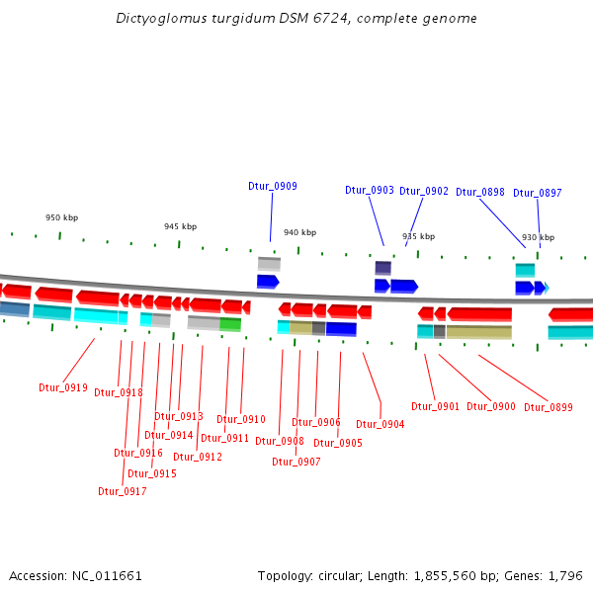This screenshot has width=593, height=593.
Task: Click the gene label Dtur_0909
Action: [x=272, y=186]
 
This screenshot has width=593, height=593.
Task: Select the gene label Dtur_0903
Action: [x=370, y=190]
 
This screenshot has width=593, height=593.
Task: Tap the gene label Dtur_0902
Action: [x=424, y=191]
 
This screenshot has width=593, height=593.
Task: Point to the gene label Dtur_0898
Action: [x=480, y=192]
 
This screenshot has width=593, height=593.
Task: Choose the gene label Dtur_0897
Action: [x=537, y=193]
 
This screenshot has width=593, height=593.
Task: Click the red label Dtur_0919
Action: [x=63, y=387]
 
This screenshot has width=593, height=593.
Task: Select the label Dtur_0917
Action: [x=123, y=491]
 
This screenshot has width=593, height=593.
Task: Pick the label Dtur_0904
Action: [x=381, y=424]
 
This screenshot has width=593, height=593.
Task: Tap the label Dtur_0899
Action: [x=549, y=407]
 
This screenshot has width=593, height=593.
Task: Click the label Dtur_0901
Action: [x=436, y=406]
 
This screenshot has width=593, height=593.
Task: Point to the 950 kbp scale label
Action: [x=61, y=217]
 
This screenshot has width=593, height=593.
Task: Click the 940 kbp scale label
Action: [x=299, y=232]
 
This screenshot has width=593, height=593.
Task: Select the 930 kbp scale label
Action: [x=538, y=237]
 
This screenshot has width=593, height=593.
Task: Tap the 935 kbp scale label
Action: [x=418, y=236]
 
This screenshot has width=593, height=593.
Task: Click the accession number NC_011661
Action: [x=107, y=575]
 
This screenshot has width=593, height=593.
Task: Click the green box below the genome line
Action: [x=230, y=324]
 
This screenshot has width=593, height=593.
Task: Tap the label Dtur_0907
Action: [x=296, y=462]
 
